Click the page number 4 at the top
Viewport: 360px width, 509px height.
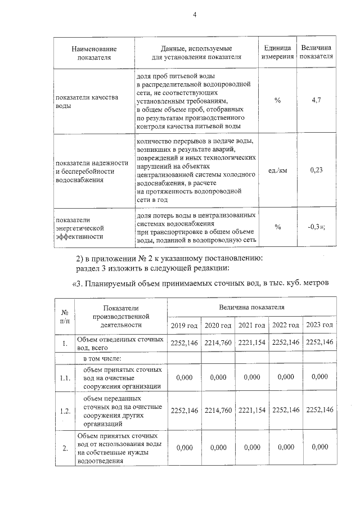tap(195, 15)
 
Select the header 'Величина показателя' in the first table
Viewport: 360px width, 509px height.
tap(316, 52)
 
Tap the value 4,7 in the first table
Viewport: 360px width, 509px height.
tap(316, 101)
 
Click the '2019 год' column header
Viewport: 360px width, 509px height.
tap(184, 326)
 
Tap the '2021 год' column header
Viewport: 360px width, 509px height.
tap(251, 326)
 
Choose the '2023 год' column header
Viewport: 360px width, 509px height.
tap(319, 326)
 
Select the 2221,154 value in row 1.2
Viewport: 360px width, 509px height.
tap(251, 410)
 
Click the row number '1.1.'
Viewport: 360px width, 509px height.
tap(65, 378)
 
